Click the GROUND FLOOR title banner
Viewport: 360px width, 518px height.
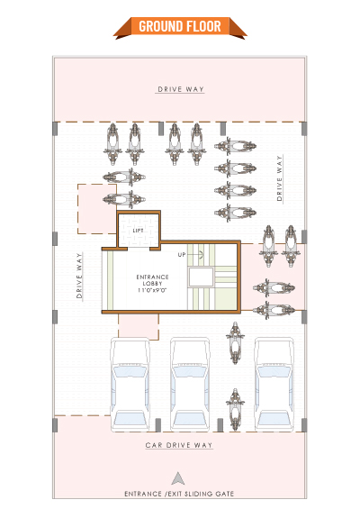[x=180, y=27]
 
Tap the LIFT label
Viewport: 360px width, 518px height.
[x=138, y=231]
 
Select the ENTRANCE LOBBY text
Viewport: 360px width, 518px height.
[x=152, y=280]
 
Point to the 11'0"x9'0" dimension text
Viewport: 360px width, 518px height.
[x=152, y=290]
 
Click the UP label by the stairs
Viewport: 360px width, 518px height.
[x=182, y=255]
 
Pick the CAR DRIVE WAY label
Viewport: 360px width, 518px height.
[x=179, y=445]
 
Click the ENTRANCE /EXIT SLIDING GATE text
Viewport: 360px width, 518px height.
[x=179, y=494]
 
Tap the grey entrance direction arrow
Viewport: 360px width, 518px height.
[x=178, y=478]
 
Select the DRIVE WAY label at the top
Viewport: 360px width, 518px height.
[x=181, y=89]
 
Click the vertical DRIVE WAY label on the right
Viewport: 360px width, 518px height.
[x=280, y=178]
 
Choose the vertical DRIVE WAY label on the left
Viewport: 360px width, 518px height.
[x=79, y=276]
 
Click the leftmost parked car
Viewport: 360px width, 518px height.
[x=130, y=384]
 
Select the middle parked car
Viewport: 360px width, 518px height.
[x=190, y=384]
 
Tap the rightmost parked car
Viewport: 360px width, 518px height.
[x=274, y=384]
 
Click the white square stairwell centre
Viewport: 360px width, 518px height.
[x=201, y=277]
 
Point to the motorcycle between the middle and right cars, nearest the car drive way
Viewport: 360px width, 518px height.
[x=235, y=410]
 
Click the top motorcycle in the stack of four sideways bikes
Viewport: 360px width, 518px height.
[x=235, y=146]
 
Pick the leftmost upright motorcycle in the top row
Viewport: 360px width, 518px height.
[x=112, y=144]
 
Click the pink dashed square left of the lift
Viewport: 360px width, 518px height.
[x=97, y=209]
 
